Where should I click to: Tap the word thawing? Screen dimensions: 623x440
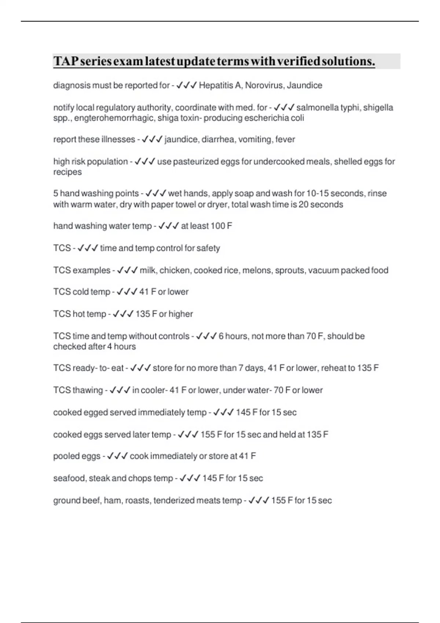(x=88, y=390)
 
